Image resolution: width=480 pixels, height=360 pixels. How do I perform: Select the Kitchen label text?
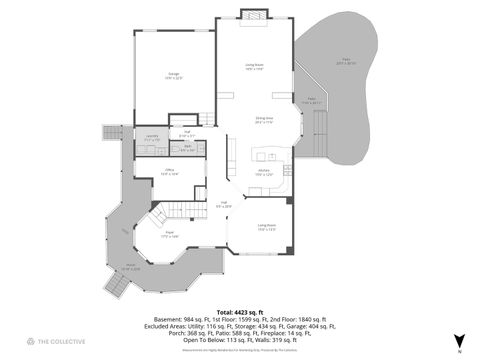click(x=263, y=172)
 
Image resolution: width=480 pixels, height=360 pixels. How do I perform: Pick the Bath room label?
click(x=187, y=149)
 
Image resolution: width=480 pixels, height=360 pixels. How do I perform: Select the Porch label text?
click(x=130, y=267)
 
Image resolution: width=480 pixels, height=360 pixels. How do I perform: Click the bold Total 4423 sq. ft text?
click(x=239, y=312)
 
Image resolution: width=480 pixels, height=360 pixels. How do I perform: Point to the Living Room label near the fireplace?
click(x=254, y=67)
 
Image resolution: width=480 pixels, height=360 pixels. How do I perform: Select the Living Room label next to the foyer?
click(x=265, y=227)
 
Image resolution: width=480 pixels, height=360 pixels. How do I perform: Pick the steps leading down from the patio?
click(x=320, y=129)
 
